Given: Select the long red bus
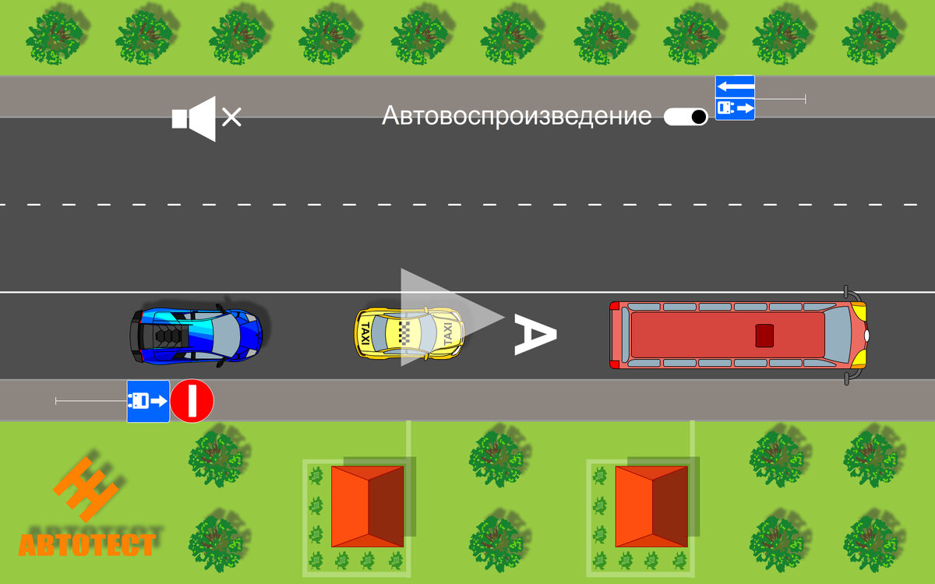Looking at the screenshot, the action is click(x=736, y=336).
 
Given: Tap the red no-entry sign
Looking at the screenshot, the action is click(x=192, y=402).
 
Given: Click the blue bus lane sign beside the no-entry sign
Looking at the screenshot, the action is click(x=148, y=402).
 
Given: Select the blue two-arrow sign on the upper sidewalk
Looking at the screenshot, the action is click(x=735, y=97).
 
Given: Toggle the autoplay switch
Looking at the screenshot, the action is click(x=686, y=117).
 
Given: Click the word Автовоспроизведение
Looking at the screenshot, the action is click(x=517, y=117).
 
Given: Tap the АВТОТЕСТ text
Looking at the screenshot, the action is click(x=86, y=544).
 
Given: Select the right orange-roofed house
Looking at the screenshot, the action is click(x=651, y=506).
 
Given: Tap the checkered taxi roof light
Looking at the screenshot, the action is click(x=405, y=332).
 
